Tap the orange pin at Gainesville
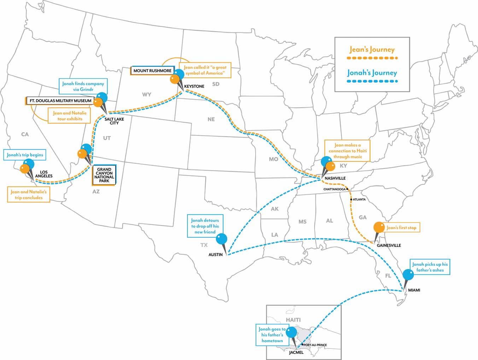click(x=379, y=227)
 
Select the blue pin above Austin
click(x=221, y=239)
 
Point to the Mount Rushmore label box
click(x=152, y=71)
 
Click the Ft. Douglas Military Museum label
click(x=61, y=101)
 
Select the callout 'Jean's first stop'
click(x=401, y=228)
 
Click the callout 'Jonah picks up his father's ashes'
click(x=430, y=267)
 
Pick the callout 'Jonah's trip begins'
click(x=25, y=155)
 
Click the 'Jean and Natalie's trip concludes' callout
click(x=28, y=195)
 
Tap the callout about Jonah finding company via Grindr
click(x=83, y=86)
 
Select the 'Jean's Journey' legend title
click(x=372, y=50)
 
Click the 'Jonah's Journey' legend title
click(x=372, y=73)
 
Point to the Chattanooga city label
click(x=334, y=190)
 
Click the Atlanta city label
click(x=359, y=199)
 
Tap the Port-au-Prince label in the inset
click(x=315, y=345)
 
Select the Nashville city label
click(x=335, y=178)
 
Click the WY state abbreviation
click(x=146, y=94)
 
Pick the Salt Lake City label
click(x=114, y=121)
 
